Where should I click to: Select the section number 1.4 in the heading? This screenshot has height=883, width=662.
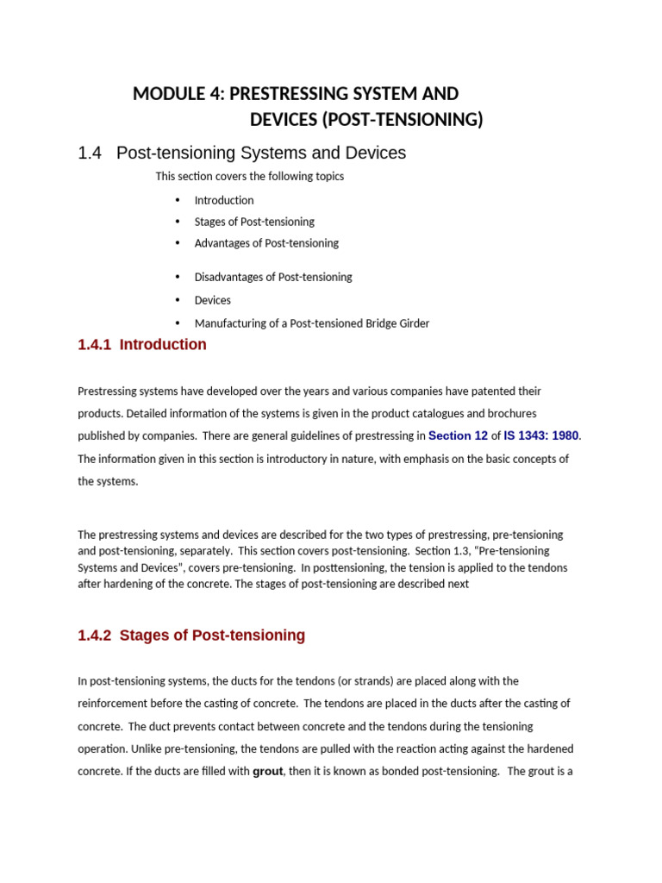pyautogui.click(x=90, y=153)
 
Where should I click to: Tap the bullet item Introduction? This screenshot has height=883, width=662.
pyautogui.click(x=224, y=200)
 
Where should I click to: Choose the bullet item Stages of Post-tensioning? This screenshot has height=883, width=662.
pyautogui.click(x=254, y=222)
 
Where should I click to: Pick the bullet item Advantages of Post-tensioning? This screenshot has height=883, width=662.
pyautogui.click(x=266, y=243)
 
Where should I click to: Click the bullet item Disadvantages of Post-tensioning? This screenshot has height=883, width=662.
pyautogui.click(x=273, y=277)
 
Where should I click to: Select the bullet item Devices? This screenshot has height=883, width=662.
pyautogui.click(x=213, y=300)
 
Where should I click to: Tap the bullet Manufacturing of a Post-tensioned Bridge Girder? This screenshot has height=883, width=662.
pyautogui.click(x=311, y=323)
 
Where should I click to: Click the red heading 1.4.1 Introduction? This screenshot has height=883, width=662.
pyautogui.click(x=142, y=345)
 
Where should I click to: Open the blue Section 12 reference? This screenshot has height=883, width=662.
pyautogui.click(x=458, y=436)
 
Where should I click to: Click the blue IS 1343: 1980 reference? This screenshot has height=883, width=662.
pyautogui.click(x=540, y=436)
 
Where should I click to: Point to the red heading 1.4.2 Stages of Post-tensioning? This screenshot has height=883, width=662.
pyautogui.click(x=191, y=636)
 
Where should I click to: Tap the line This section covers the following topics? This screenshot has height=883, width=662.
pyautogui.click(x=249, y=176)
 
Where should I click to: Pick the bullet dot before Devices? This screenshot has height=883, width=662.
pyautogui.click(x=178, y=300)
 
